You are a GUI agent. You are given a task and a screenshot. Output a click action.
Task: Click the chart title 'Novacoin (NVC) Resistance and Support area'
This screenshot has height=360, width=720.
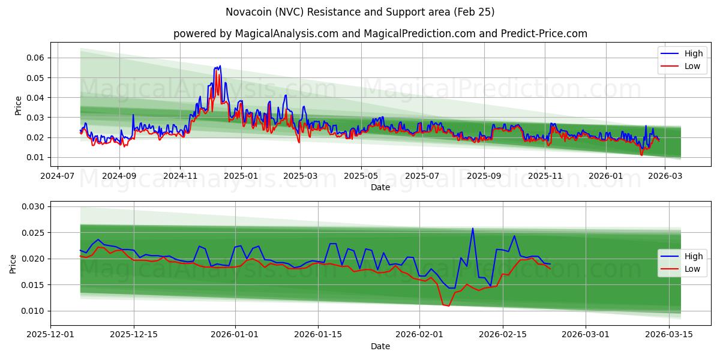tap(360, 12)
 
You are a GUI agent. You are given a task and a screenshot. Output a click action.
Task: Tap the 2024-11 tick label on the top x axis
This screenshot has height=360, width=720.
tap(180, 176)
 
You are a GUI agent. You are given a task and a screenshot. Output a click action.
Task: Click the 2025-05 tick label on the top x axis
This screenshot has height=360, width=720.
tap(361, 176)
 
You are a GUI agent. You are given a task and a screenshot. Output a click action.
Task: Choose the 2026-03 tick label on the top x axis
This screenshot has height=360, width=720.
tap(664, 176)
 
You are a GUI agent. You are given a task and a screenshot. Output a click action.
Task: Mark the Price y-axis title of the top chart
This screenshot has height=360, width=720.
tap(18, 106)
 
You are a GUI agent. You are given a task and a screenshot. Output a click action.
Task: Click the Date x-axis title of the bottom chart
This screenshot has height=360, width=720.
tap(380, 346)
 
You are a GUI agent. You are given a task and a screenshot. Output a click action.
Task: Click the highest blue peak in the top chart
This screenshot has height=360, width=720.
tap(220, 66)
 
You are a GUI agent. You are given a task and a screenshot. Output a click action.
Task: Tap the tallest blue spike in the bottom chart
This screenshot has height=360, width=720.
tap(473, 228)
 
